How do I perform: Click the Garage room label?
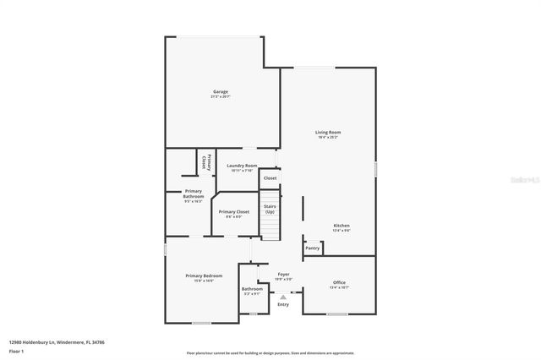coord(220,91)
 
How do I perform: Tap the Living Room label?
coord(328,132)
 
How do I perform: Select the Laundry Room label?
coord(243,166)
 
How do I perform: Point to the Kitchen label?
coord(341,226)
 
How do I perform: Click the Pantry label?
coord(313,248)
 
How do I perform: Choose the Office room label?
coord(339,282)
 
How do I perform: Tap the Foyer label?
coord(284,275)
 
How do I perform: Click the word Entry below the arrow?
coord(282,304)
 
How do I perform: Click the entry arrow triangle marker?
coord(282,296)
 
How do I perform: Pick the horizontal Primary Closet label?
coord(233,212)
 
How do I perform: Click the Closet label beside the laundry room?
coord(270,178)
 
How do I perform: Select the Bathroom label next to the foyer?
coord(252,289)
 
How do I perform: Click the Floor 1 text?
coord(16,350)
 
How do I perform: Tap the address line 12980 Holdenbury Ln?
coord(57,342)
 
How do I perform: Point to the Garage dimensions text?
coord(220,97)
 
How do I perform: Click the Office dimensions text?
coord(339,287)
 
